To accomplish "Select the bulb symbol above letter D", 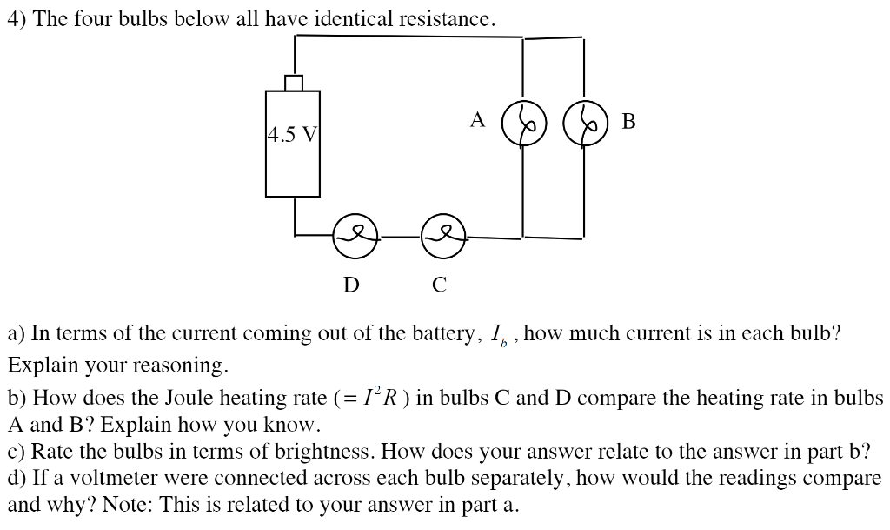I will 355,236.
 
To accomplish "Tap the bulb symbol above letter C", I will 443,236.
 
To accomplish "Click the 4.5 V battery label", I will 292,135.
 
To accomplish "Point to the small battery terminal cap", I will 294,83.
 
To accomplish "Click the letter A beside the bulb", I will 477,120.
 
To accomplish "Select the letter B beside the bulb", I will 628,122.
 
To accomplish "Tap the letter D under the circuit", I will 351,285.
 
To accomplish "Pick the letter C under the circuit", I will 440,285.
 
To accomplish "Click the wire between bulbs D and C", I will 400,236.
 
